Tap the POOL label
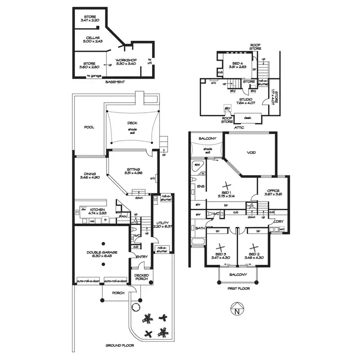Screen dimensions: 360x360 89,127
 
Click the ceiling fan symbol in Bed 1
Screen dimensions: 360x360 227,185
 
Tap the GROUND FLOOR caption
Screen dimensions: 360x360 120,345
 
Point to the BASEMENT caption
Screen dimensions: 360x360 115,82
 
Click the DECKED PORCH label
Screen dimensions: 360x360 142,277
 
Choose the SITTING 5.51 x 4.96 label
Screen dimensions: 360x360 133,172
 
